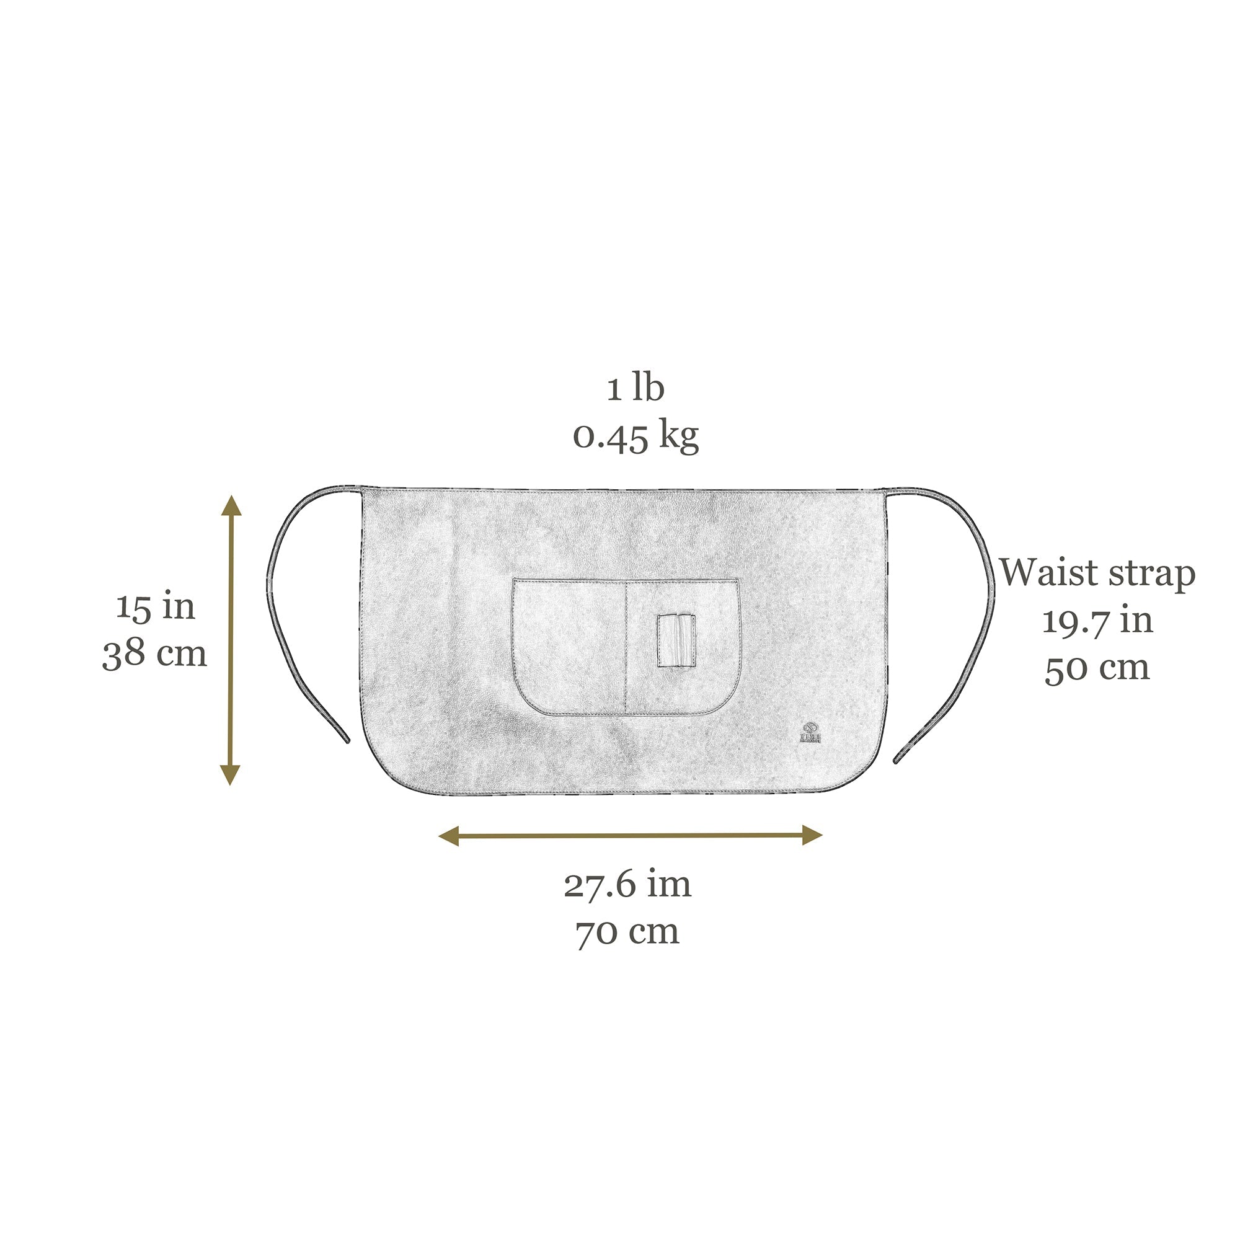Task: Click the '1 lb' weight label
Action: click(x=635, y=388)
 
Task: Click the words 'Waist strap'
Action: click(x=1097, y=572)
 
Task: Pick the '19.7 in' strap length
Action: click(x=1097, y=621)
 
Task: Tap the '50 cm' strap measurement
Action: click(x=1097, y=668)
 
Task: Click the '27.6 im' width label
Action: click(x=627, y=885)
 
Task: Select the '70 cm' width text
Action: click(x=627, y=932)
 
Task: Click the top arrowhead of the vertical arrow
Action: click(x=231, y=506)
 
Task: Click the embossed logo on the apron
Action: click(x=810, y=732)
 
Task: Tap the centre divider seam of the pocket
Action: click(x=625, y=649)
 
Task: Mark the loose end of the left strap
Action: click(x=347, y=740)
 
